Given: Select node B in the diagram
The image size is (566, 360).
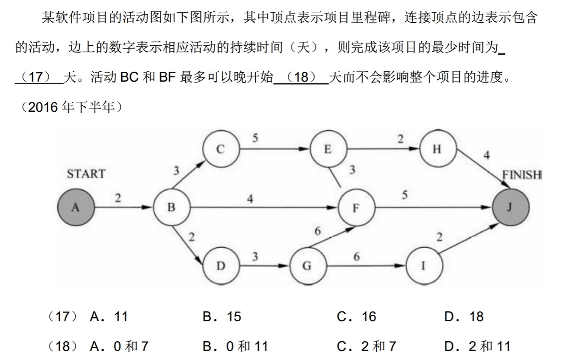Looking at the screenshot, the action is click(x=172, y=207).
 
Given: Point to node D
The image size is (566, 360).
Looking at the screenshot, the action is click(x=220, y=266).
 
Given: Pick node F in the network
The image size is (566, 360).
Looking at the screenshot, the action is click(x=357, y=208).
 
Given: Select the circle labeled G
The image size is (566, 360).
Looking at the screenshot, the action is click(x=307, y=266).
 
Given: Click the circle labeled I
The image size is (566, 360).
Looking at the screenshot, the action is click(x=424, y=266).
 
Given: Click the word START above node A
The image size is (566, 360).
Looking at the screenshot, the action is click(x=86, y=174).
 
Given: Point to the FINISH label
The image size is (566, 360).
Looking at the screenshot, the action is click(x=522, y=175).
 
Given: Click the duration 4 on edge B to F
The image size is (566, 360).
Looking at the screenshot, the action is click(x=250, y=199).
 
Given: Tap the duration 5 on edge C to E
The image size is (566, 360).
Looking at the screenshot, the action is click(x=255, y=139).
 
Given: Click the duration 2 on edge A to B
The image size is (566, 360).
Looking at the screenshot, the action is click(x=118, y=199).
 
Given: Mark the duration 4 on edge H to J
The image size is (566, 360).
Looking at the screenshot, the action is click(x=486, y=155).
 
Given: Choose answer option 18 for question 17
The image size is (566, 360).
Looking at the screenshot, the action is click(x=464, y=317).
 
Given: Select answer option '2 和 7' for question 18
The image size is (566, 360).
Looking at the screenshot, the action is click(x=366, y=347).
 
